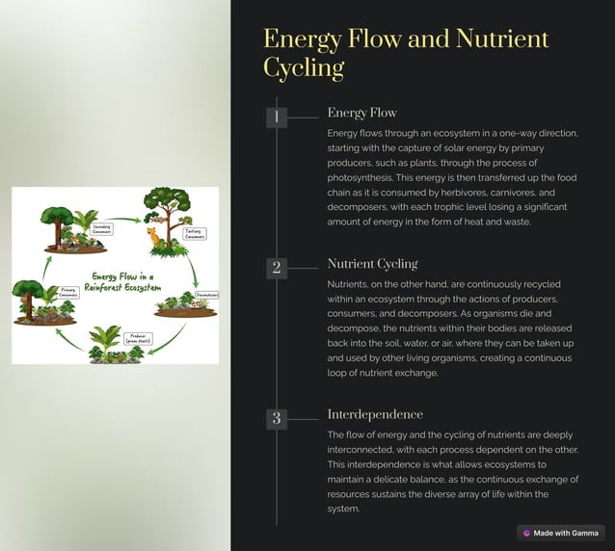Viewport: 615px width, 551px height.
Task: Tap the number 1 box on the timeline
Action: pos(277,118)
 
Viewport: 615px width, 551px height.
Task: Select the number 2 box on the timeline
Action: pos(277,268)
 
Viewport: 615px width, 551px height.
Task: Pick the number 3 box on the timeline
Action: pos(277,418)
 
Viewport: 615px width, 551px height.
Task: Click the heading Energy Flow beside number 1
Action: pos(361,113)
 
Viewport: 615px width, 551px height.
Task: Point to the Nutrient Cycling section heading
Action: pos(372,263)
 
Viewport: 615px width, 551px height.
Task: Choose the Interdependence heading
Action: pos(375,414)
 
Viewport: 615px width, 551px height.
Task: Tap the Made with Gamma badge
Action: pos(560,533)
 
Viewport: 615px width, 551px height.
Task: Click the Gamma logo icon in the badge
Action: pos(526,533)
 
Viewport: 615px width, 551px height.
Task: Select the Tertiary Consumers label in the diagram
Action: pos(195,233)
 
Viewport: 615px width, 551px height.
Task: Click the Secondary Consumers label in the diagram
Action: pos(102,229)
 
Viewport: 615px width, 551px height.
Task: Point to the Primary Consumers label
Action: pos(68,291)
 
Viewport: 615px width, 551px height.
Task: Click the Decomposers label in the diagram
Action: pos(206,295)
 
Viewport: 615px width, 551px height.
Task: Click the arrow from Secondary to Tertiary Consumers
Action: pos(123,221)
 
